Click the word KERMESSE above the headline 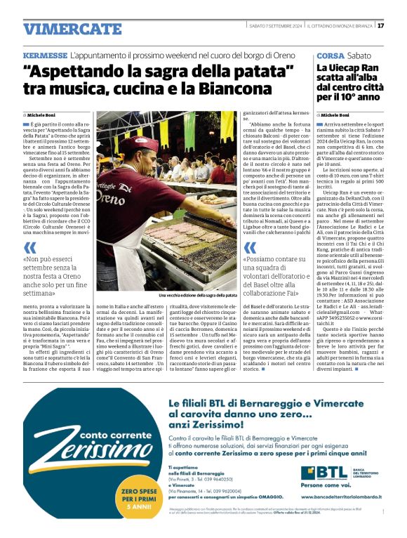click(44, 54)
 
